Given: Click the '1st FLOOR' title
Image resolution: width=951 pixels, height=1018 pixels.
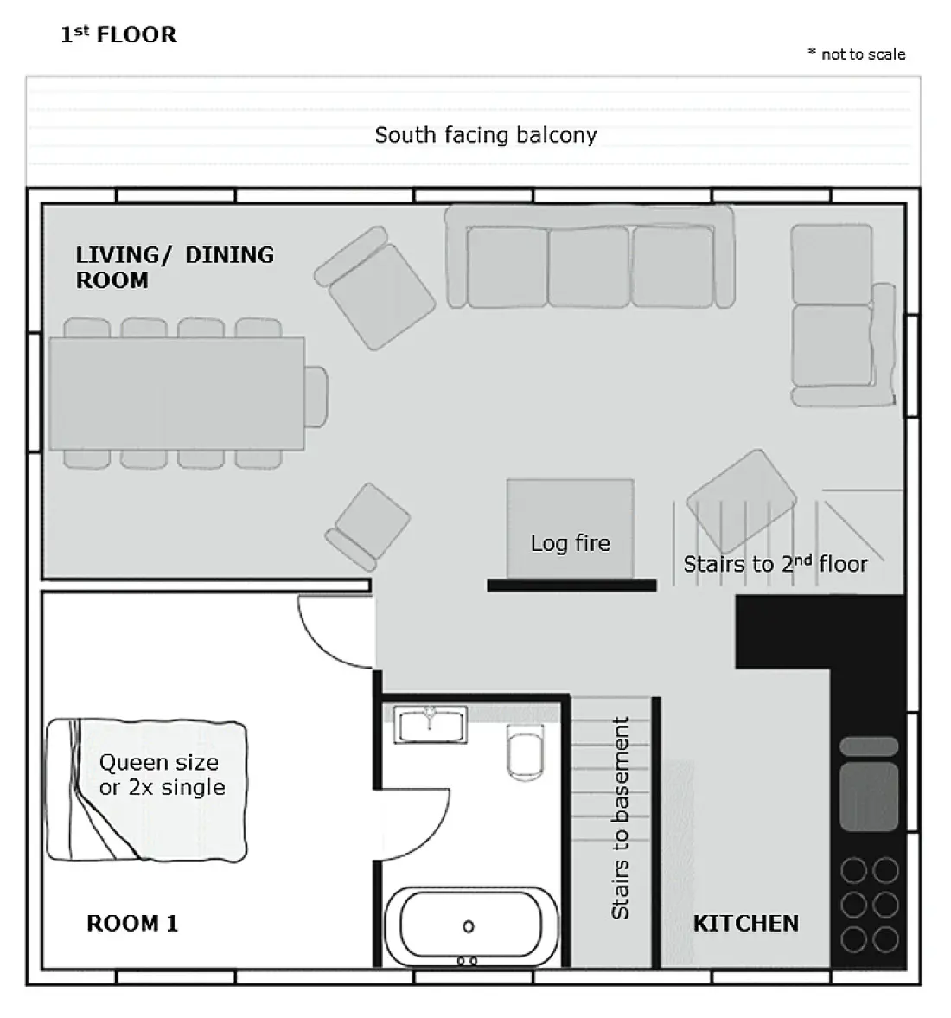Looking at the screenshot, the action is (x=118, y=34).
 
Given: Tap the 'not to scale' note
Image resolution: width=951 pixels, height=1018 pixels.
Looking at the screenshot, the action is (x=857, y=54).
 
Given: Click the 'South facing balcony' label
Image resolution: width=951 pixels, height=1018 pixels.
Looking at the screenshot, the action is (x=486, y=135).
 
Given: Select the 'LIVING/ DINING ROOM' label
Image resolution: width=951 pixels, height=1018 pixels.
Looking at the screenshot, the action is (x=175, y=267).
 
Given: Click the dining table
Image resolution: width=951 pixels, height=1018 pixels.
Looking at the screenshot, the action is (x=176, y=393).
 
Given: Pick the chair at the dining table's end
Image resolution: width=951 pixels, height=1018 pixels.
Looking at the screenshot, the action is (x=316, y=397).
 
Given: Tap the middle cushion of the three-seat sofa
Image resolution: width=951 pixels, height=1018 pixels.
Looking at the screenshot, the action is (x=588, y=266).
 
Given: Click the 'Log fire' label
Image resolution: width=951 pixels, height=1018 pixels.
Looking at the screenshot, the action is (x=570, y=543).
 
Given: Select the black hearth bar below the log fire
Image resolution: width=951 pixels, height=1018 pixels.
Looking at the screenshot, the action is (x=571, y=586).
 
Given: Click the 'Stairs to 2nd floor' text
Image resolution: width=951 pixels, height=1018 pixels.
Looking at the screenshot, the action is (x=775, y=564).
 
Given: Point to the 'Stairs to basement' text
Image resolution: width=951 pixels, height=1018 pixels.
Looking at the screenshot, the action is (x=621, y=818).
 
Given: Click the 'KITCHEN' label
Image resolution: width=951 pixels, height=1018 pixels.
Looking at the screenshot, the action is (x=746, y=923).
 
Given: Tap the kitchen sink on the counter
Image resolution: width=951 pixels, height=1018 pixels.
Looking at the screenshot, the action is (x=869, y=796).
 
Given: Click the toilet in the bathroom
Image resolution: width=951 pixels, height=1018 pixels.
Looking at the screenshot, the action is (x=526, y=752).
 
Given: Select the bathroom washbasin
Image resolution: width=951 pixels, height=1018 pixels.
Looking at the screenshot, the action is (x=430, y=725).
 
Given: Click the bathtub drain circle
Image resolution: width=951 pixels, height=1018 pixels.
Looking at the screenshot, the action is (x=468, y=926).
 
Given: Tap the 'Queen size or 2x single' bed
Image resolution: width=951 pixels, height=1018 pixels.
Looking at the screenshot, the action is (x=147, y=791).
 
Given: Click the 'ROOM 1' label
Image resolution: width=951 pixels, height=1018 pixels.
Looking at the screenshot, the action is (x=132, y=923).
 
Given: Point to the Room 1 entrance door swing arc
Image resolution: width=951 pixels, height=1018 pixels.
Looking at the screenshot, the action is (x=321, y=646).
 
